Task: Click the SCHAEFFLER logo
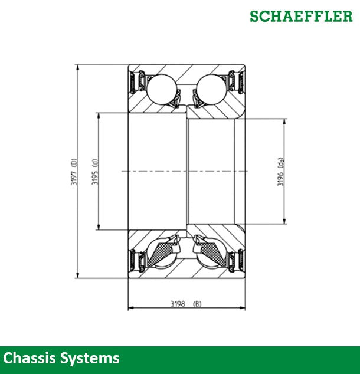tap(301, 16)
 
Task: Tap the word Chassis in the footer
tap(30, 358)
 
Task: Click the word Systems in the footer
tap(90, 358)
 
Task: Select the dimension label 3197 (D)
tap(74, 172)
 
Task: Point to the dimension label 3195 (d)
tap(95, 172)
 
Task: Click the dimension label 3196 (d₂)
tap(280, 172)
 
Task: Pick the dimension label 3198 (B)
tap(186, 304)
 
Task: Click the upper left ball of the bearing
tap(161, 89)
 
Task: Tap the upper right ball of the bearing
tap(211, 89)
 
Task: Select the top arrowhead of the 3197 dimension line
tap(77, 67)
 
